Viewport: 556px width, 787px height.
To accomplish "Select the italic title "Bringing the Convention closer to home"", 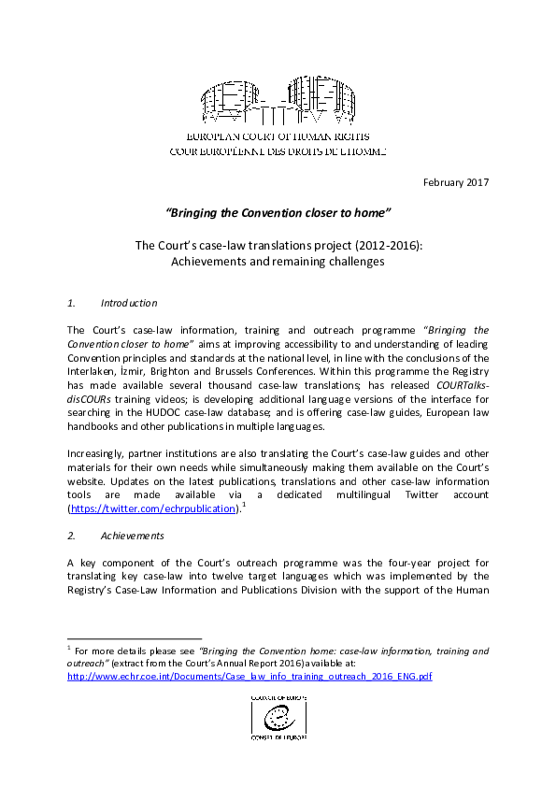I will coord(278,212).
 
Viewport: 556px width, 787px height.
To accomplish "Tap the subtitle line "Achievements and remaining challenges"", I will coord(278,262).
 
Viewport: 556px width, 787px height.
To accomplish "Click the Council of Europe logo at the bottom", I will coord(278,717).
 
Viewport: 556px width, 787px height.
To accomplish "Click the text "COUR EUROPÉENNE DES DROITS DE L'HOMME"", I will coord(278,150).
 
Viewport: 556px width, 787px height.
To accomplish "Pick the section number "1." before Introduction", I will coord(72,303).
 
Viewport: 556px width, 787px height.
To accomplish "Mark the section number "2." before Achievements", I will coord(72,536).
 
